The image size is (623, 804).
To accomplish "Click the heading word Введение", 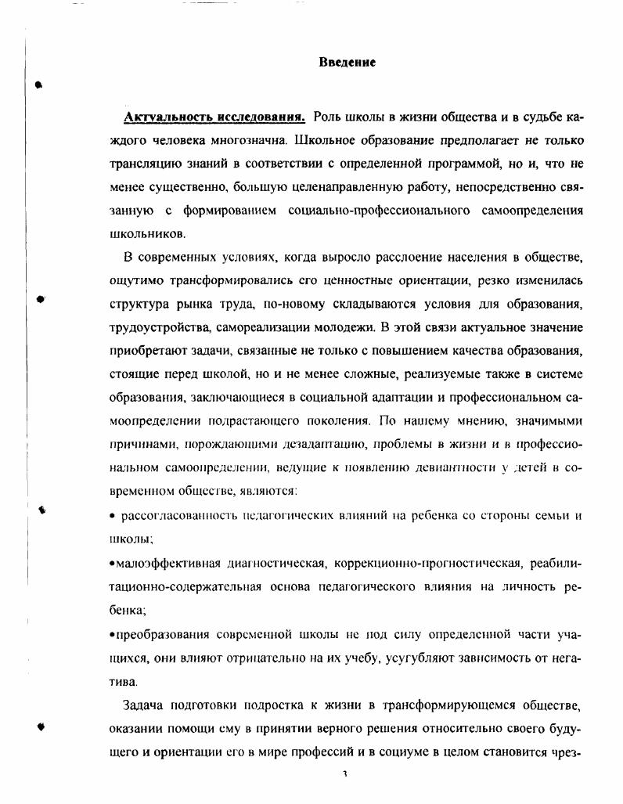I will (348, 62).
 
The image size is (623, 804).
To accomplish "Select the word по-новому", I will (314, 304).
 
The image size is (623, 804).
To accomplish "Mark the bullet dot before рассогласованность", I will (113, 517).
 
